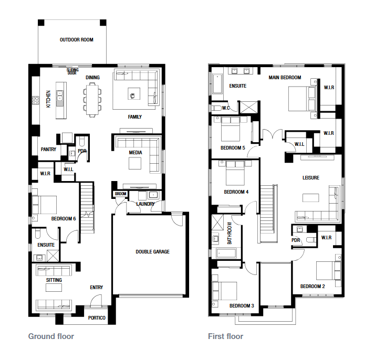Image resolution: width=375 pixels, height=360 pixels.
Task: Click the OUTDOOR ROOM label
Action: (76, 40)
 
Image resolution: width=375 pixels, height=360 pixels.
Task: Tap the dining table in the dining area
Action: (92, 99)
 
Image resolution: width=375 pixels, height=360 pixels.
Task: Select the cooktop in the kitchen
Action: (36, 100)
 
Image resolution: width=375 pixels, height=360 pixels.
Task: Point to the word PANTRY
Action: (48, 150)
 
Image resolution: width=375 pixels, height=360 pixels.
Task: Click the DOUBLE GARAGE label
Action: (153, 252)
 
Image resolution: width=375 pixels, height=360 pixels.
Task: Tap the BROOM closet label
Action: (121, 194)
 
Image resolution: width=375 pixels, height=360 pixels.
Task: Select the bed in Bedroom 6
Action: (45, 205)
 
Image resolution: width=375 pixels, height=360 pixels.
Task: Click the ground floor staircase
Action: (87, 208)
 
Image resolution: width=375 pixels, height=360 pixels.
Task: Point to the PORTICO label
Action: (97, 318)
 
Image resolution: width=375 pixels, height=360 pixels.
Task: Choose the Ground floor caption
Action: (51, 336)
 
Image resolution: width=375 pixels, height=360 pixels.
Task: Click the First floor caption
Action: (225, 336)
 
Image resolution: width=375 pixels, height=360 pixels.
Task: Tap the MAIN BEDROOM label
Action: (285, 78)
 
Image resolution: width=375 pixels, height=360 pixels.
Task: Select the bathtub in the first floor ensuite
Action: (217, 84)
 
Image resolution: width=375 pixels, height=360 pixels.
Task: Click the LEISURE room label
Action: (311, 178)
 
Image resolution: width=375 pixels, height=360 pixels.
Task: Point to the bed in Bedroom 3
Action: (225, 291)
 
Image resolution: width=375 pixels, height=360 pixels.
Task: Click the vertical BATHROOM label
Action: (230, 234)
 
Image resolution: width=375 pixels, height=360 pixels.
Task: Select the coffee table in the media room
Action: (135, 164)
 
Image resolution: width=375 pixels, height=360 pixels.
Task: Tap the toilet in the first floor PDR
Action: (311, 240)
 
